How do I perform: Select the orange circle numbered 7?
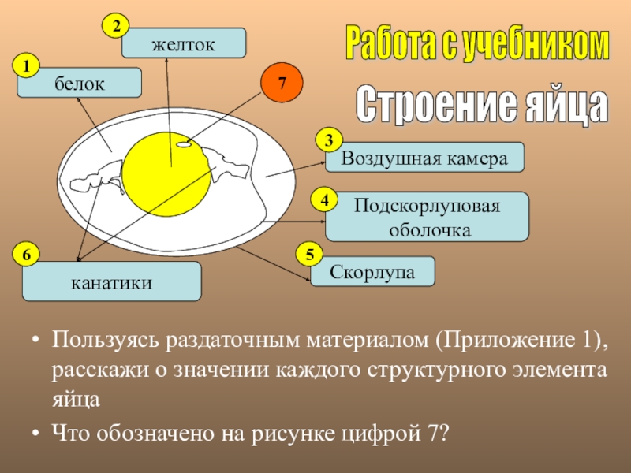[x=282, y=82]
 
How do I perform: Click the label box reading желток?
[x=183, y=43]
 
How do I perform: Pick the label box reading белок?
[x=80, y=83]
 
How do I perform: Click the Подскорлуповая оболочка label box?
[x=428, y=217]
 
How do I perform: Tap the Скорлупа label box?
[x=372, y=271]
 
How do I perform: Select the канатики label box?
[x=111, y=281]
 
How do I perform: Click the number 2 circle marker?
[x=116, y=26]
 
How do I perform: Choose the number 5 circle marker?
[x=308, y=254]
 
